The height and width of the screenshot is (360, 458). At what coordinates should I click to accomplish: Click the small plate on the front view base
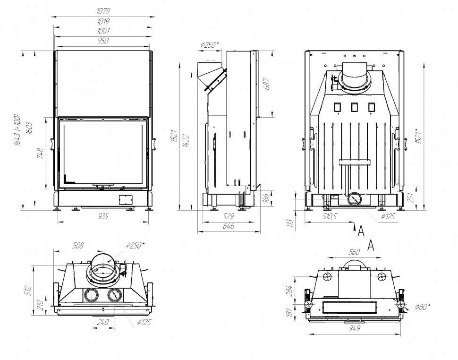125,199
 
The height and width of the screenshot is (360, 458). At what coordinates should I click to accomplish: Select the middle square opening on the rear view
354,107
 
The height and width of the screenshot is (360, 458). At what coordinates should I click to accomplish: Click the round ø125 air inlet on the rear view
354,200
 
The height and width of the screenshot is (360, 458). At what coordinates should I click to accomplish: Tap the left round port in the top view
90,296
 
